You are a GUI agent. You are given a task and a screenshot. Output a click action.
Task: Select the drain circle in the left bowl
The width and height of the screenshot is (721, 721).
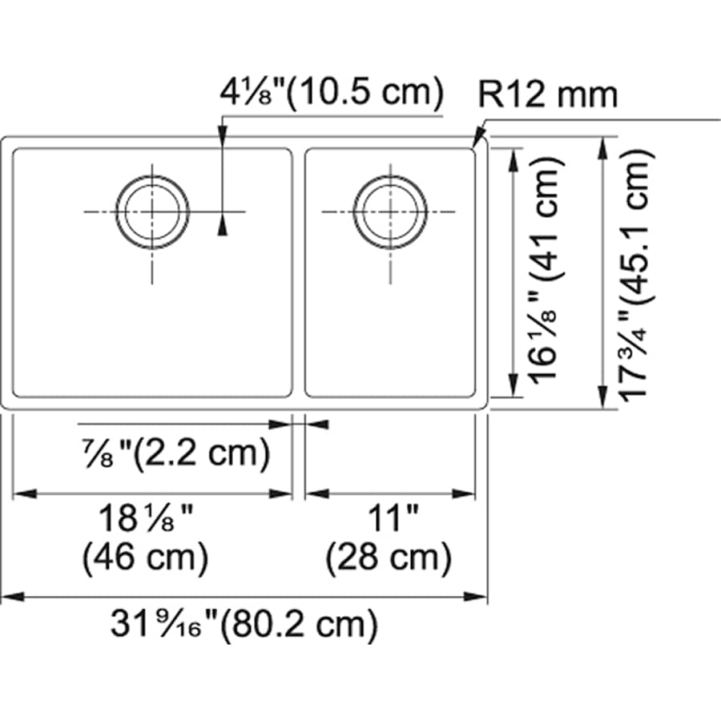point(152,211)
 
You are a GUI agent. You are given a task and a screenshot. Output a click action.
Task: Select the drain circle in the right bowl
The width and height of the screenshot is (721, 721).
point(390,211)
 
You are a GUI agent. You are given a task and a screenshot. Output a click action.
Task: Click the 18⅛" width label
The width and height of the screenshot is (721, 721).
point(145,521)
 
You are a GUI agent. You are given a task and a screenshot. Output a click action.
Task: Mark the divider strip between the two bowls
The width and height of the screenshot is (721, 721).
point(298,272)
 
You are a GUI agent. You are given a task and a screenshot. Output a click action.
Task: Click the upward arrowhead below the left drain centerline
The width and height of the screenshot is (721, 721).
point(222,227)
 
